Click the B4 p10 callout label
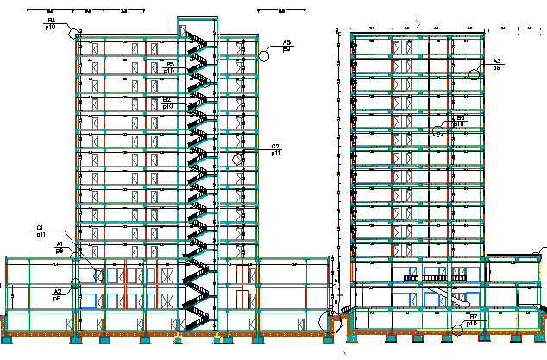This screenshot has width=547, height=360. tap(51, 23)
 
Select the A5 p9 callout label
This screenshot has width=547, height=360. tap(287, 46)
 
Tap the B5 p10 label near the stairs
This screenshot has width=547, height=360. tap(170, 67)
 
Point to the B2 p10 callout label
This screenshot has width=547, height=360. tap(167, 102)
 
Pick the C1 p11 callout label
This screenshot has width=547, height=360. tap(41, 231)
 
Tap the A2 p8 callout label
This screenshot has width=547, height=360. tap(58, 294)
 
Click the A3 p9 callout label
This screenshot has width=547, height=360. tap(497, 64)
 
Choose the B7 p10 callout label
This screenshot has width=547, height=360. tap(472, 320)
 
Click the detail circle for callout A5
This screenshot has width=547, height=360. tap(265, 55)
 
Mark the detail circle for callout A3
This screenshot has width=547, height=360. tap(473, 75)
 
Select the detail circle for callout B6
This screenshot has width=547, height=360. tap(438, 131)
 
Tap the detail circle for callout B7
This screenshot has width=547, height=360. tap(455, 327)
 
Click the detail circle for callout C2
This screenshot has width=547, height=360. tap(238, 158)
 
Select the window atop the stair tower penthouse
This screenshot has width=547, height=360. tap(184, 30)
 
